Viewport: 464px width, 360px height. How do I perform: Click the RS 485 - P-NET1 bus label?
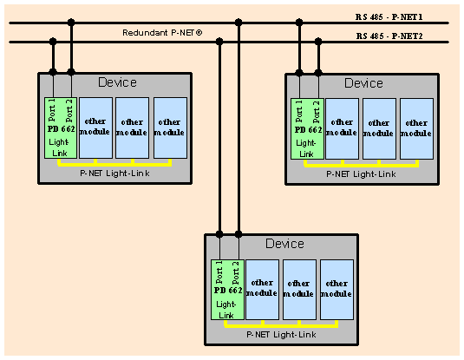(x=389, y=16)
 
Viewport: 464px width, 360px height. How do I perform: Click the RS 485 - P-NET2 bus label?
(x=389, y=36)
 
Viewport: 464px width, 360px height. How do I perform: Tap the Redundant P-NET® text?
(x=162, y=32)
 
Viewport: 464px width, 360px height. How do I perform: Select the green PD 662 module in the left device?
(x=61, y=128)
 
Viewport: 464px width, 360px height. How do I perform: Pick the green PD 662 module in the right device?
(x=307, y=128)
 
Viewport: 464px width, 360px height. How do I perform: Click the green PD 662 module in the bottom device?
(x=227, y=290)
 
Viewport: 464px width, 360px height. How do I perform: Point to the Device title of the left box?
(x=117, y=82)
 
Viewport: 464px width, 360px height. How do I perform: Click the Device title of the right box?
(x=363, y=83)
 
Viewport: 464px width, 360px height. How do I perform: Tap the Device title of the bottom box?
(x=284, y=244)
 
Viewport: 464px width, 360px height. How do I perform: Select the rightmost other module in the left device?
(x=171, y=128)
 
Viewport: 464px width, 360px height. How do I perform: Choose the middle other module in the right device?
(x=379, y=128)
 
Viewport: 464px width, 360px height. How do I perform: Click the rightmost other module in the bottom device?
(x=337, y=290)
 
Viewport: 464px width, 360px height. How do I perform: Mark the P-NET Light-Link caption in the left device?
(x=114, y=173)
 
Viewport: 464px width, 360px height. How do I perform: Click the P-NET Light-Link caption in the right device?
(x=361, y=174)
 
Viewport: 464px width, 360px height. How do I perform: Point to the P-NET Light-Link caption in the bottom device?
(x=281, y=335)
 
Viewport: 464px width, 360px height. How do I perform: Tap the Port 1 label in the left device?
(x=52, y=110)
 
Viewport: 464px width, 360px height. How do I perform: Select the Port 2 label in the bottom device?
(x=236, y=272)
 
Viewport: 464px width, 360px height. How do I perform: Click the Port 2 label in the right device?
(x=317, y=112)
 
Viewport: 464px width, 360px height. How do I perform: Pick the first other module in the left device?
(x=96, y=128)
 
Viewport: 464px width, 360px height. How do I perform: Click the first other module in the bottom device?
(x=262, y=290)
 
